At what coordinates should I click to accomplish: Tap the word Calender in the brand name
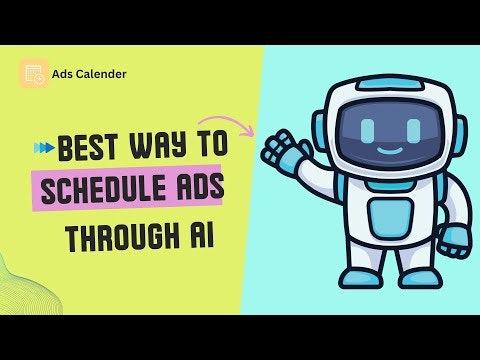click(104, 73)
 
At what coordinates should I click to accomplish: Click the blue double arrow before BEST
click(43, 148)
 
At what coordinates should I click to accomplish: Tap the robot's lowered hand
click(455, 240)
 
